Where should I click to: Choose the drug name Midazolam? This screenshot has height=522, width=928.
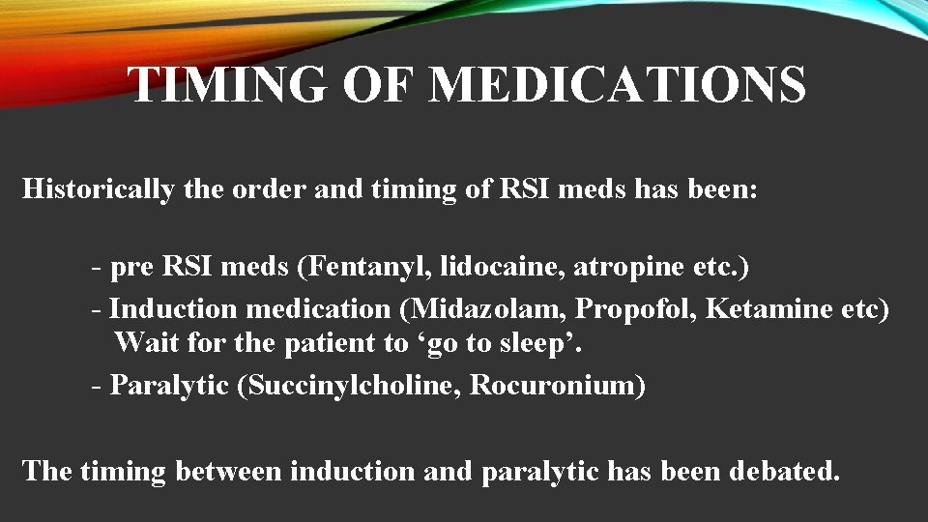488,309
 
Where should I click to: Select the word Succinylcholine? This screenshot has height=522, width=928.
354,385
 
